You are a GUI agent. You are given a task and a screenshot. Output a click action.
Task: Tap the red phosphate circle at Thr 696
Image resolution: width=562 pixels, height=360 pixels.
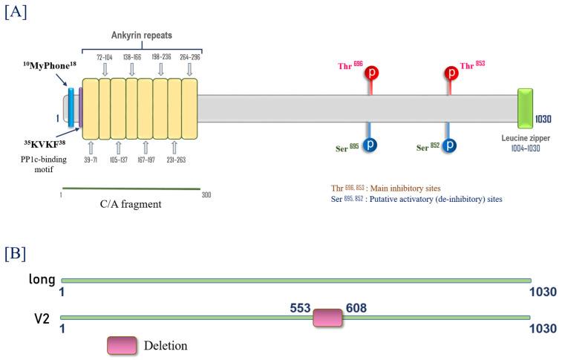[x=372, y=73]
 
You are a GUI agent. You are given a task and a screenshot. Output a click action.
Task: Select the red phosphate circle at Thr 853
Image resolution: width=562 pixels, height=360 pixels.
[x=451, y=73]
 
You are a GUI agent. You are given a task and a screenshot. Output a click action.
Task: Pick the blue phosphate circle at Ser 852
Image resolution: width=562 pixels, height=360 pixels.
[x=448, y=145]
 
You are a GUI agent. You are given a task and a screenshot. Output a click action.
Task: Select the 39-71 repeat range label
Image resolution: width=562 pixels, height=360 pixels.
[x=91, y=159]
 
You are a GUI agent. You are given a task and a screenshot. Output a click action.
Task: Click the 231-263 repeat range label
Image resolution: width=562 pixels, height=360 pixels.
[x=174, y=159]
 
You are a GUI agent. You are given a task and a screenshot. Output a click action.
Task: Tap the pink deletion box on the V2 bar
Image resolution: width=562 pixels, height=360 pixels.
[x=328, y=318]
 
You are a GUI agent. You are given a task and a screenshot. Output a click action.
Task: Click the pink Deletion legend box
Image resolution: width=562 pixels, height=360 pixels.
[x=122, y=345]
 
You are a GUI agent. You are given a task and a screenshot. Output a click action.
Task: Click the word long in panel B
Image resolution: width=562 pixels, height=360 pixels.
[x=42, y=280]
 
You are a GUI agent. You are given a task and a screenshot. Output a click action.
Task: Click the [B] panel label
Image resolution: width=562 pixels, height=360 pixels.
[x=15, y=253]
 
